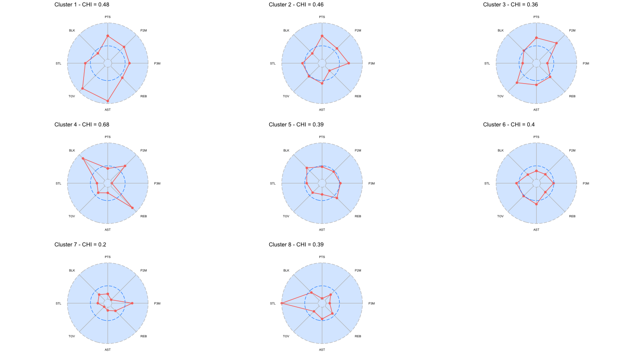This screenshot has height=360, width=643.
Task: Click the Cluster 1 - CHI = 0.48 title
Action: tap(82, 5)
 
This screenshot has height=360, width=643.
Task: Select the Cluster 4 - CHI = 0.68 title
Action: tap(82, 125)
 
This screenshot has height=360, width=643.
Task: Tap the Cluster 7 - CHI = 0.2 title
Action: tap(80, 245)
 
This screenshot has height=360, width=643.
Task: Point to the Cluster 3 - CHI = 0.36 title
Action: tap(511, 5)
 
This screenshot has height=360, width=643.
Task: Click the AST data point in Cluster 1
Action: tap(108, 101)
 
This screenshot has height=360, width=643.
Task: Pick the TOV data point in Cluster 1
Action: tap(82, 88)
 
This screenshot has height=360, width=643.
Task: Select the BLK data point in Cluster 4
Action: tap(83, 159)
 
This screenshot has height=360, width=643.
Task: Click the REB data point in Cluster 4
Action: tap(132, 208)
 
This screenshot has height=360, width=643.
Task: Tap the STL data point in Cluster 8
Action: tap(282, 303)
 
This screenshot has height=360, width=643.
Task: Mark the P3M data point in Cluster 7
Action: tap(132, 303)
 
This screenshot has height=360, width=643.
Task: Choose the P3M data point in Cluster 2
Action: tap(349, 63)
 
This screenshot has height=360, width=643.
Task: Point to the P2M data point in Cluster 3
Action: tap(556, 43)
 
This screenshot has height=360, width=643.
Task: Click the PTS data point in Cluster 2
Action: tap(322, 36)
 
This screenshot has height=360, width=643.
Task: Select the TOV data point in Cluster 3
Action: tap(517, 83)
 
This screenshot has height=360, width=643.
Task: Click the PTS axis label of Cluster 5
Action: tap(322, 137)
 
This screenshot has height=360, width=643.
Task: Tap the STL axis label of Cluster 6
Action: tap(487, 183)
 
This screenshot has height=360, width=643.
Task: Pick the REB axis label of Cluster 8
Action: tap(358, 336)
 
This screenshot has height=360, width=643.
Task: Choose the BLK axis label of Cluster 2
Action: tap(286, 30)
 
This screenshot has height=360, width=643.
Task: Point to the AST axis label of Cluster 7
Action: tap(108, 350)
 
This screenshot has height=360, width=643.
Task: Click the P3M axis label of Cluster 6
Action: tap(586, 183)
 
